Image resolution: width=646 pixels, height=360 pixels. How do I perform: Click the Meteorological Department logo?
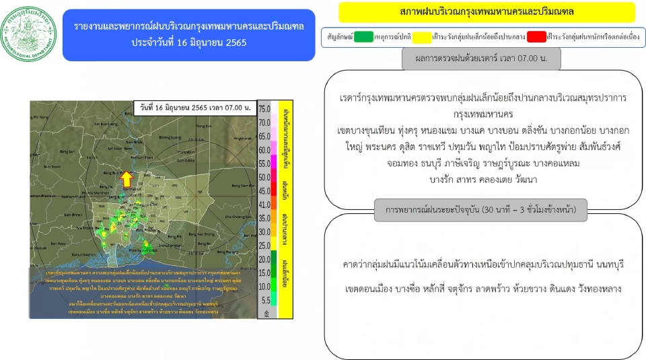point(30,34)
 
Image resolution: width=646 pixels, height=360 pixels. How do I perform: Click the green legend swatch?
point(363,35)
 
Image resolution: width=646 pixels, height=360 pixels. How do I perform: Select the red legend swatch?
point(536,35)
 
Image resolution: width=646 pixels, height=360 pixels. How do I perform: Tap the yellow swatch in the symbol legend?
point(422,35)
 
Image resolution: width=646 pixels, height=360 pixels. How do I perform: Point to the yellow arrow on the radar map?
point(126,179)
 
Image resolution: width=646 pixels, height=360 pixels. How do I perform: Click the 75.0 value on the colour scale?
point(264,109)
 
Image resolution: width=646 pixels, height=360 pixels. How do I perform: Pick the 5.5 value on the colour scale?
point(264,300)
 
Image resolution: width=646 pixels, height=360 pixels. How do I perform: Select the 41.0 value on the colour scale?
point(264,204)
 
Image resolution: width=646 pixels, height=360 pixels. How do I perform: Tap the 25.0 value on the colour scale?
point(264,245)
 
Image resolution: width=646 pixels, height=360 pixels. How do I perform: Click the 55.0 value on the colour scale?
point(264,164)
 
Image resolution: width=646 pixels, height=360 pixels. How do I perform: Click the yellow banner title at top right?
point(487,12)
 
